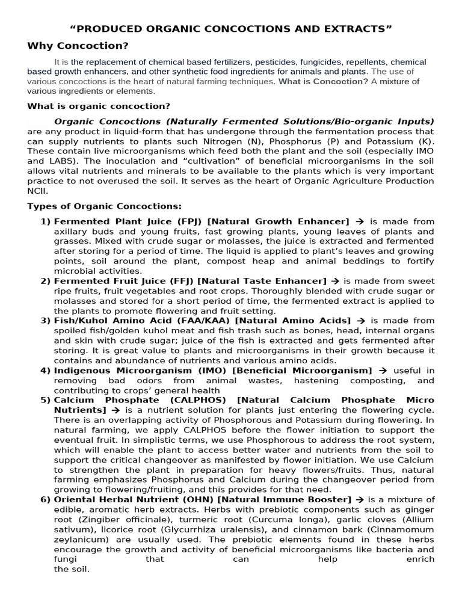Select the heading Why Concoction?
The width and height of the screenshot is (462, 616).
(x=78, y=46)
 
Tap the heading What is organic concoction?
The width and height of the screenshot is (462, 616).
(x=99, y=106)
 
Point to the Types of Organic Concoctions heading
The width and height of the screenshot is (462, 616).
(x=104, y=206)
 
